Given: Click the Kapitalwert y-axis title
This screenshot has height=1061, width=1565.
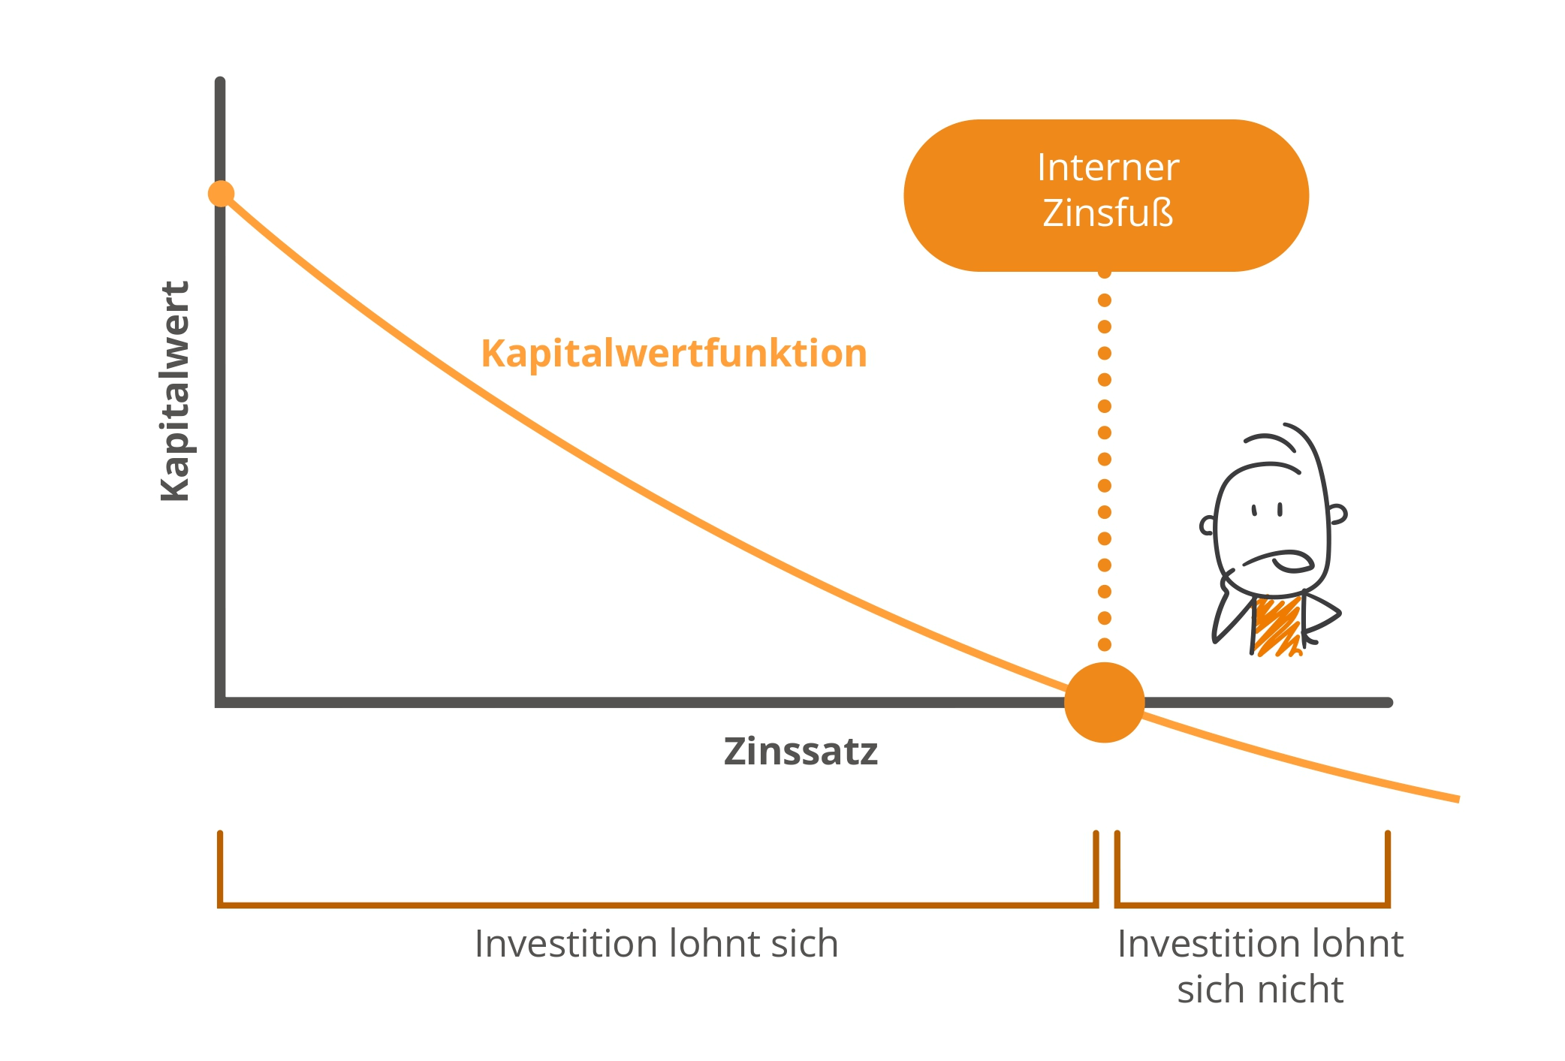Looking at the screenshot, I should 176,391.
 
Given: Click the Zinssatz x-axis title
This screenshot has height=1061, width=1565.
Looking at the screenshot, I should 801,752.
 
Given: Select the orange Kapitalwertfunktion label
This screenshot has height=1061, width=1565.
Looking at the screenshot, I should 674,353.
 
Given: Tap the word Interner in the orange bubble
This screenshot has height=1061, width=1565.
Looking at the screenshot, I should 1108,167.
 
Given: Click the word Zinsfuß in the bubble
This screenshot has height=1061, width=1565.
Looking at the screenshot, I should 1108,213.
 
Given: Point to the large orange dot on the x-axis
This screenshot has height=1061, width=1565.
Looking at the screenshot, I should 1104,702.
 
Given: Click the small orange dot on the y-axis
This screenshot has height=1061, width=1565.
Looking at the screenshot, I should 221,194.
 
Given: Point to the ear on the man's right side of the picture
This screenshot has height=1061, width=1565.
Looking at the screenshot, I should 1337,514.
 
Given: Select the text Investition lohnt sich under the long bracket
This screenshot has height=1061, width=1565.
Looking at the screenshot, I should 656,944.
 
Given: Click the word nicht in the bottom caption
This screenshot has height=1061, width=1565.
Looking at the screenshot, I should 1303,990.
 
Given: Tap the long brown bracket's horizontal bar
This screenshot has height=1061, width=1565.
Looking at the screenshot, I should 657,905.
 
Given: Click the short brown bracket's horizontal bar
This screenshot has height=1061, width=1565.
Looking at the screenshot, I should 1252,905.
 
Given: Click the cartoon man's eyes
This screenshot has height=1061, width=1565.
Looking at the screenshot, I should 1267,511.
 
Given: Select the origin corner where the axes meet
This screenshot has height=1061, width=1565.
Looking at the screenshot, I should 221,702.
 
